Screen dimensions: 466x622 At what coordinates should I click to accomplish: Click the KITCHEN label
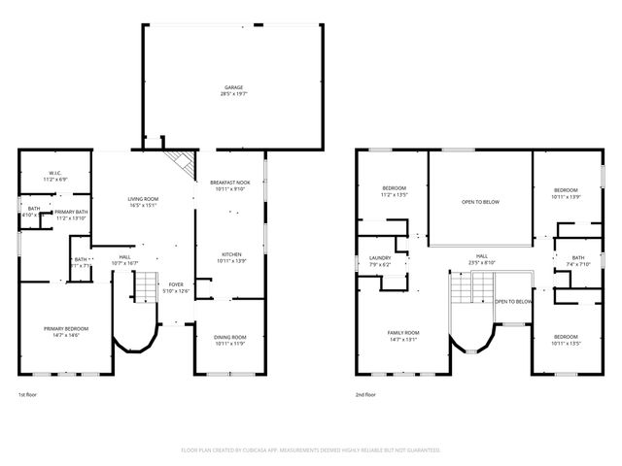[x=229, y=257]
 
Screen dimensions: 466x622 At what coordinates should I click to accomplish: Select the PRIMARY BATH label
[x=72, y=215]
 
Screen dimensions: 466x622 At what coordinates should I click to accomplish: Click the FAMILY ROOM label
[x=402, y=335]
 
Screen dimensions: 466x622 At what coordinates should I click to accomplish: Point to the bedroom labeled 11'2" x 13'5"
[x=394, y=191]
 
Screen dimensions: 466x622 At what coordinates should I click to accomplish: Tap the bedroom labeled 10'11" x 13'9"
[x=566, y=193]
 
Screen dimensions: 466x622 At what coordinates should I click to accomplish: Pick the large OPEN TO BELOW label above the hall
[x=480, y=202]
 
